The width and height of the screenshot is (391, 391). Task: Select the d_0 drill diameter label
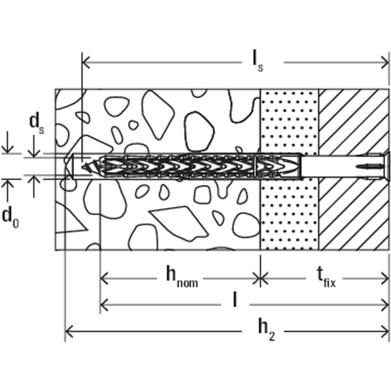tap(11, 217)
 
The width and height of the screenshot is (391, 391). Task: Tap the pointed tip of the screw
tap(84, 167)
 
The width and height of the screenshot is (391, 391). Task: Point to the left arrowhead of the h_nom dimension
tap(104, 278)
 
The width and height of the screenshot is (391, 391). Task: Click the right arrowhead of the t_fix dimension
tap(385, 278)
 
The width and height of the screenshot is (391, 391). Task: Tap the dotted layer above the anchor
tap(289, 121)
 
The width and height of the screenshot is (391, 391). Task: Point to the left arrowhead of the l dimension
tap(104, 303)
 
